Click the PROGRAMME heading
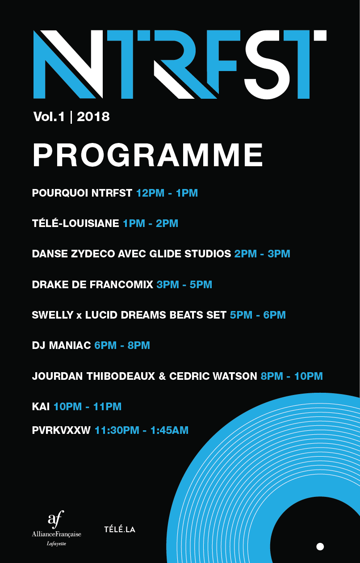coord(148,155)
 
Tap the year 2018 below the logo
coord(93,117)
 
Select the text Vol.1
coord(49,117)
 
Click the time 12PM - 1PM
coord(167,193)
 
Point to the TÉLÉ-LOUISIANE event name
coord(75,223)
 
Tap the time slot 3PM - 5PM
coord(184,285)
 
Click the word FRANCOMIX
coord(121,285)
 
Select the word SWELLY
coord(53,315)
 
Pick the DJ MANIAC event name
coord(61,345)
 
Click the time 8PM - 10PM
coord(292,376)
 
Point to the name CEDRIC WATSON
coord(213,376)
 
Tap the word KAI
coord(41,407)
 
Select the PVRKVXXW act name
coord(61,430)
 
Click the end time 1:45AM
coord(169,430)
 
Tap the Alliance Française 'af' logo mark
coord(56,520)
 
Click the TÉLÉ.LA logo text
coord(120,529)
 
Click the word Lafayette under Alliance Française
coord(56,544)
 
